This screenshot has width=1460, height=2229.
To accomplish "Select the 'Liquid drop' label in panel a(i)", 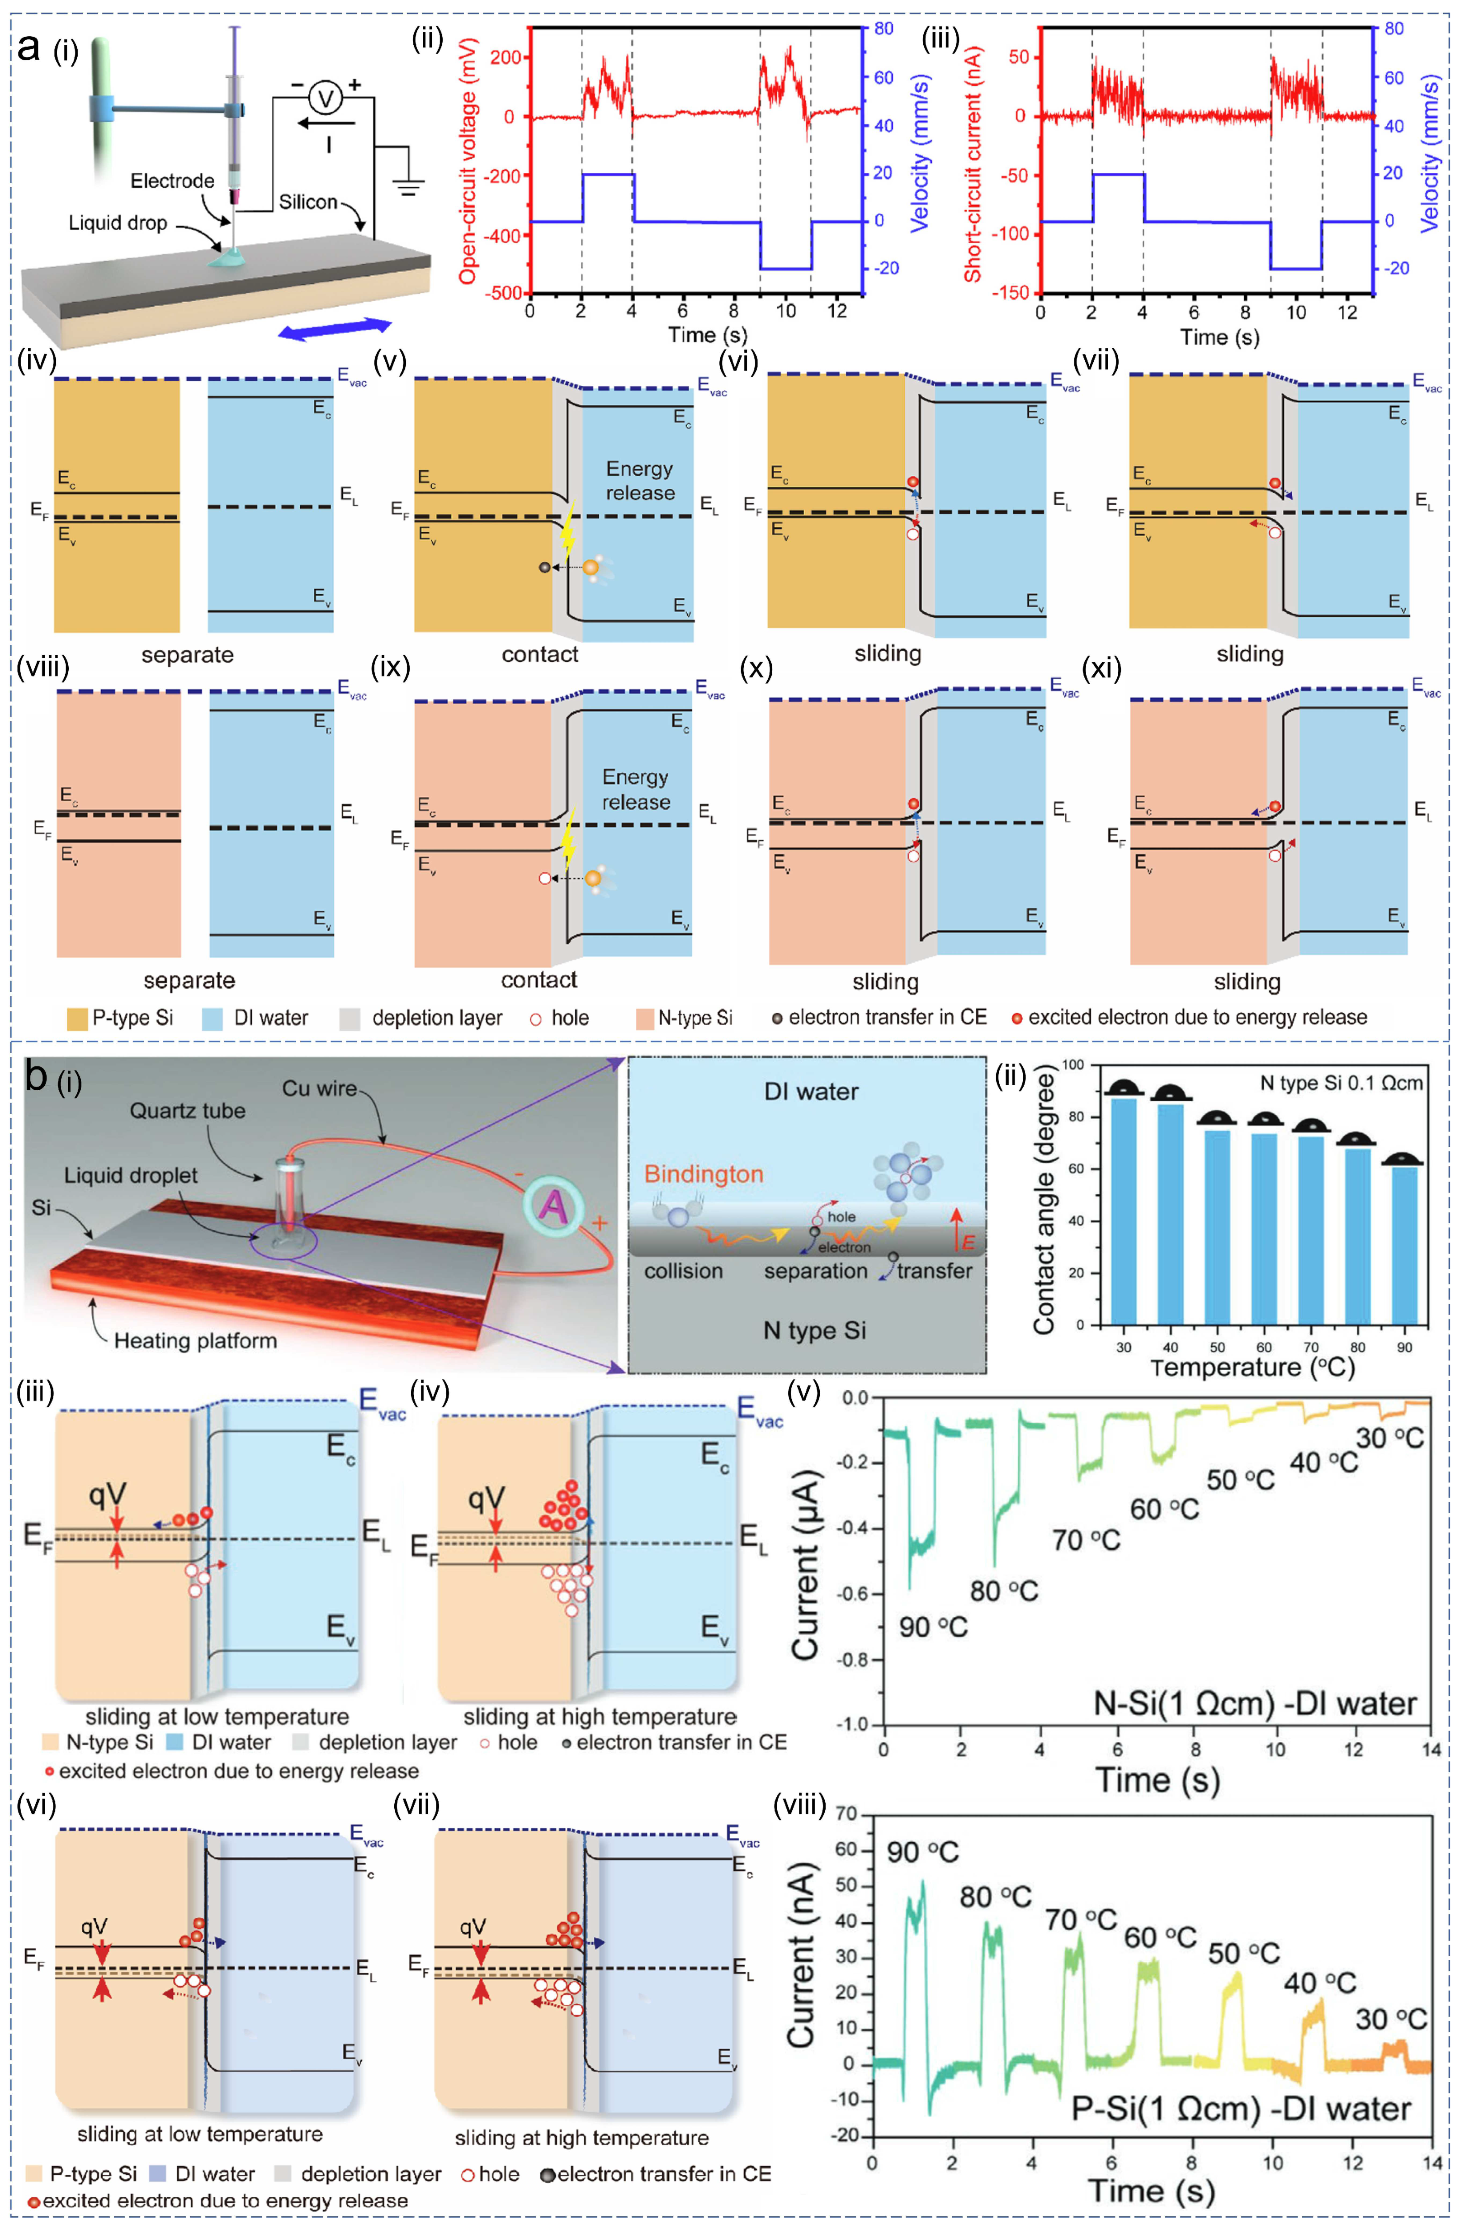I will pyautogui.click(x=118, y=223).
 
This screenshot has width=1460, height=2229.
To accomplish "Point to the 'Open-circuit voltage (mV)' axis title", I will pyautogui.click(x=468, y=161).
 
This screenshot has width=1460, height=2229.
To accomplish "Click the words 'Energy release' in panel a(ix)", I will pyautogui.click(x=636, y=790).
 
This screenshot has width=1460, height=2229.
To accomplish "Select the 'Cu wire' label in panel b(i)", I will pyautogui.click(x=319, y=1088).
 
